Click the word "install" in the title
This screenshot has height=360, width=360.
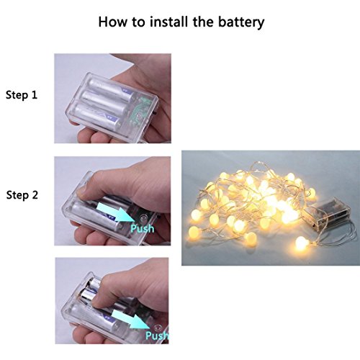(168, 22)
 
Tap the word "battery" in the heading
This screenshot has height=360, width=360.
(241, 23)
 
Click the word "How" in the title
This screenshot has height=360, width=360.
(112, 22)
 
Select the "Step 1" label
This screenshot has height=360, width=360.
(22, 95)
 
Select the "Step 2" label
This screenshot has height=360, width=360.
(22, 195)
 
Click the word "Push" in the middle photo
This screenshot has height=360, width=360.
(143, 229)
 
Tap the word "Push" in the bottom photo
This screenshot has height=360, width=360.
(157, 336)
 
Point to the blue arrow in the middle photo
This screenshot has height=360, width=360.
(116, 211)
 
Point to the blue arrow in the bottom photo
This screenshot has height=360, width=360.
(131, 319)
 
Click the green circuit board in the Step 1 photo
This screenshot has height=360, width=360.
(140, 109)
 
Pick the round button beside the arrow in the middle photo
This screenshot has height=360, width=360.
(143, 218)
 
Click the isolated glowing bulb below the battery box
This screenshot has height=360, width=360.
(301, 244)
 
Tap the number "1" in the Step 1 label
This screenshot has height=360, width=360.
(34, 95)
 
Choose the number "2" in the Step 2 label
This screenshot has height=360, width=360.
(35, 195)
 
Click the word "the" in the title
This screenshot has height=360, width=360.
(203, 22)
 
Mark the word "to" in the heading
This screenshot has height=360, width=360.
(138, 22)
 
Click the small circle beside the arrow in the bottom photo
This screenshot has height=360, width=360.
(157, 328)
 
